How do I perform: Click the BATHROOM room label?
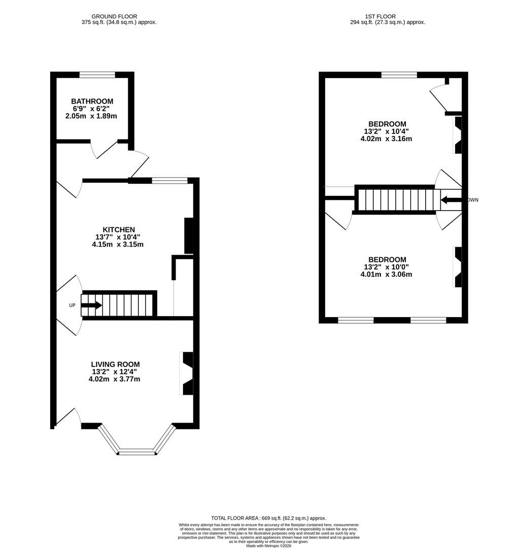(92, 101)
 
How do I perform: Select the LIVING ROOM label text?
(115, 364)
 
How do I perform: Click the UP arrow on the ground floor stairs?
(92, 305)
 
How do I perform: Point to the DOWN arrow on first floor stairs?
(451, 200)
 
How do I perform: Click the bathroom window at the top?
(97, 75)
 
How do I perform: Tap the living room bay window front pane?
(136, 452)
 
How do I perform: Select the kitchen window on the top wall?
(169, 180)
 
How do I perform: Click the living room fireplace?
(187, 373)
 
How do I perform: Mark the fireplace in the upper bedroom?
(458, 135)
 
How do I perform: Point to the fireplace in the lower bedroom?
(458, 267)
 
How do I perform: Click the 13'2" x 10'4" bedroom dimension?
(387, 131)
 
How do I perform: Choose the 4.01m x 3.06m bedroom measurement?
(386, 275)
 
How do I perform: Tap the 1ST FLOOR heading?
(387, 16)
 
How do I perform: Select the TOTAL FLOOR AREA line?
(268, 518)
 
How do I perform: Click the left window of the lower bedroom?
(356, 320)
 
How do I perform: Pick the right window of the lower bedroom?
(428, 320)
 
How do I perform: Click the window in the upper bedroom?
(399, 75)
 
